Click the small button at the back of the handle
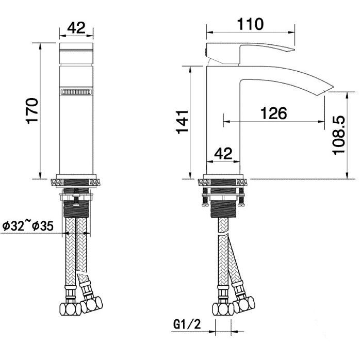tap(207, 51)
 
